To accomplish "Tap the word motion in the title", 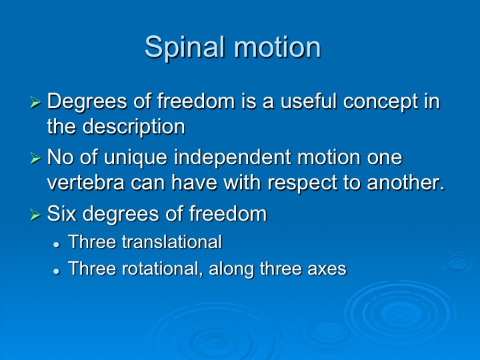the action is pyautogui.click(x=277, y=47).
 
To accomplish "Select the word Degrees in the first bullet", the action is pyautogui.click(x=87, y=102).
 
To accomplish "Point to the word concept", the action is pyautogui.click(x=381, y=102).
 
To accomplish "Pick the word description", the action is pyautogui.click(x=134, y=127).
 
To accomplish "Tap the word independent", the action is pyautogui.click(x=233, y=158).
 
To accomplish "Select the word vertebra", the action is pyautogui.click(x=86, y=183).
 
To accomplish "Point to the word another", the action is pyautogui.click(x=405, y=183).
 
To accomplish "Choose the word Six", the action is pyautogui.click(x=61, y=213).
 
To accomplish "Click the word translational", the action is pyautogui.click(x=172, y=242).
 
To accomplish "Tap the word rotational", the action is pyautogui.click(x=162, y=269).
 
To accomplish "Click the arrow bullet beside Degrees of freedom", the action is pyautogui.click(x=35, y=102).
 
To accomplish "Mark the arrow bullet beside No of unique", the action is pyautogui.click(x=35, y=158).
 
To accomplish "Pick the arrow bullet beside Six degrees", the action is pyautogui.click(x=35, y=214).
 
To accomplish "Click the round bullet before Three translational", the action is pyautogui.click(x=56, y=245).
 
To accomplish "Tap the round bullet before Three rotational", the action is pyautogui.click(x=56, y=271).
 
